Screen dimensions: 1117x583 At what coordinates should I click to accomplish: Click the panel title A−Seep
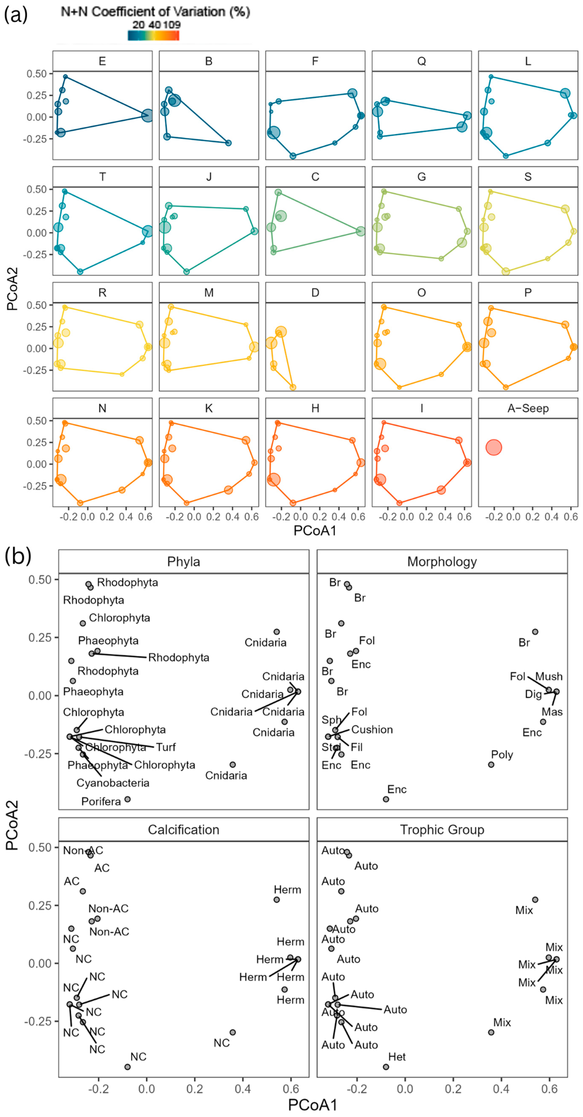[x=528, y=409]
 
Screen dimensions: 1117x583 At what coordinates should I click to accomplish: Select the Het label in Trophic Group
[x=397, y=1057]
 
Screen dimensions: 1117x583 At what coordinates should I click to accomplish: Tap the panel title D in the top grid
[x=315, y=293]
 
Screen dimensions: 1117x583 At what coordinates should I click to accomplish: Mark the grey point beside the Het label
[x=386, y=1067]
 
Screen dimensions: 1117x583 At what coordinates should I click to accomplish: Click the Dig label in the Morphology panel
[x=533, y=694]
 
